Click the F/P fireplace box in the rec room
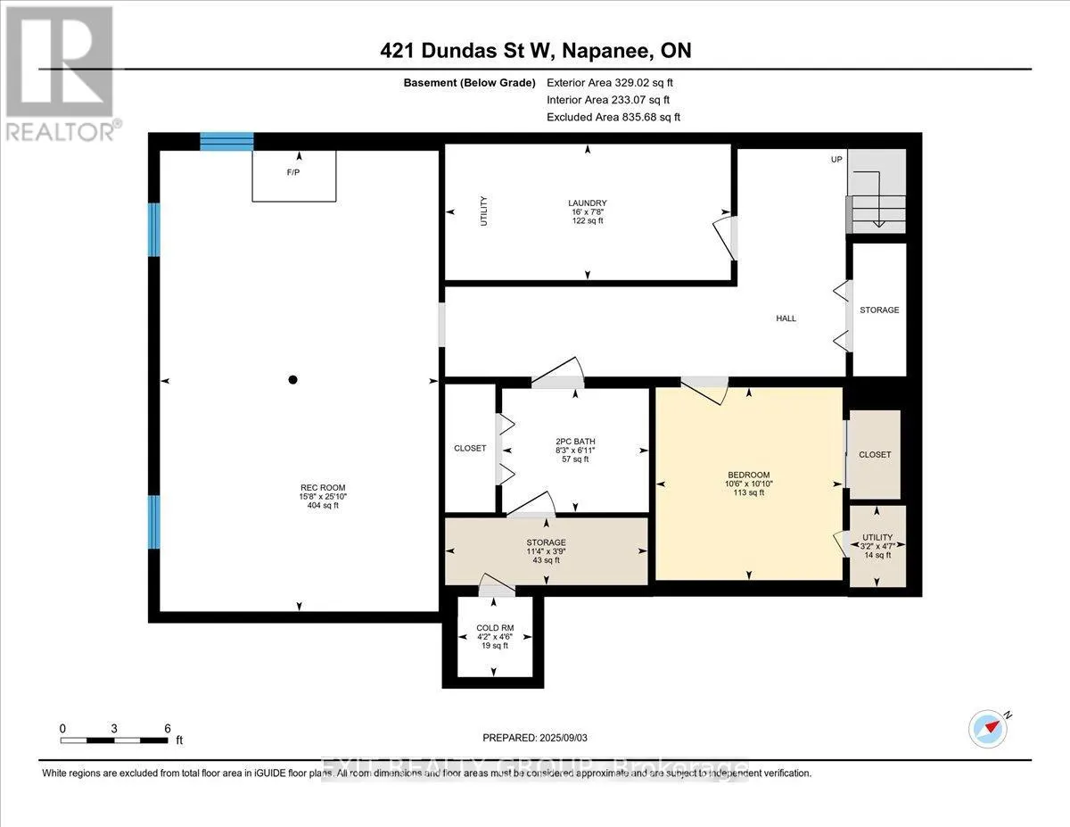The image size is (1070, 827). [x=293, y=175]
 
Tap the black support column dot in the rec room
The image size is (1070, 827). [x=292, y=380]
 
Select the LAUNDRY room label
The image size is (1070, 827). [x=587, y=203]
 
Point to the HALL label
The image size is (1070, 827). [x=786, y=318]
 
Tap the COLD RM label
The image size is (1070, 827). [x=494, y=628]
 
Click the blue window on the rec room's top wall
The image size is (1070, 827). [x=226, y=141]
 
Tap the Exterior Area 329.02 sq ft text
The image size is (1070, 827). [x=614, y=82]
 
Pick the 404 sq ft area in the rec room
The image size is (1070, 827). [x=319, y=506]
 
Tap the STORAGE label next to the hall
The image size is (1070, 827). [x=878, y=310]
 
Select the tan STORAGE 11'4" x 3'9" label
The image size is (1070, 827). [x=546, y=542]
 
